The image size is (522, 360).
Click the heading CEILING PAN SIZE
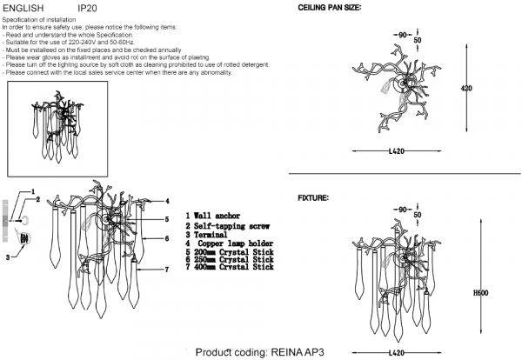click(x=330, y=7)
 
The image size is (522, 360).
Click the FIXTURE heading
click(x=313, y=199)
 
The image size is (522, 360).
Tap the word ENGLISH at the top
click(x=23, y=7)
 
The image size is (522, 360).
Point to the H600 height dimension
click(x=478, y=294)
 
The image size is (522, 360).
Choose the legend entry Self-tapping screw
click(x=229, y=224)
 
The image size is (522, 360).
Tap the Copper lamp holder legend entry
click(x=231, y=243)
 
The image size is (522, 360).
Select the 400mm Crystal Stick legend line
click(x=231, y=268)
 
